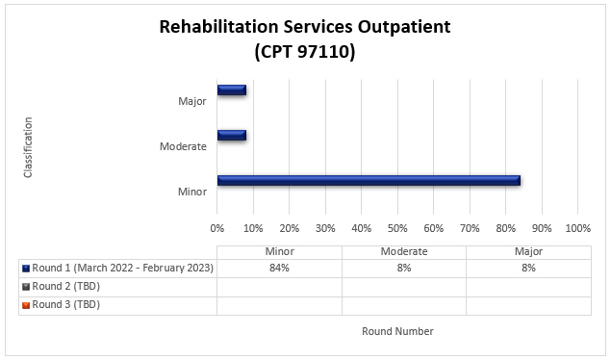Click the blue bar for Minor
coord(369,180)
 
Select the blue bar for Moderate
coord(231,135)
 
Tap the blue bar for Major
coord(231,90)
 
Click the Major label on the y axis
coord(191,101)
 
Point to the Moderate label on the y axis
coord(183,146)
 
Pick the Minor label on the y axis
coord(191,191)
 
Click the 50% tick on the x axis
coord(397,228)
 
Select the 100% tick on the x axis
coord(577,228)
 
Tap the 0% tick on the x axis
coord(217,228)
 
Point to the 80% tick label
coord(506,228)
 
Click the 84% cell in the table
coord(279,268)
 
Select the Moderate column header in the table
coord(403,251)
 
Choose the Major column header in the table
coord(527,251)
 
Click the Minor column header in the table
coord(279,251)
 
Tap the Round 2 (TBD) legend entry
coord(65,286)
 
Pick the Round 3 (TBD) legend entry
coord(65,304)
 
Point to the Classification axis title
coord(28,146)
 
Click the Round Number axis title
coord(397,331)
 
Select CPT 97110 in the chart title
coord(305,53)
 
